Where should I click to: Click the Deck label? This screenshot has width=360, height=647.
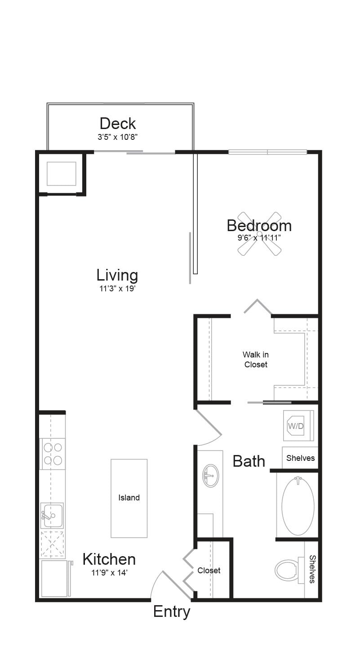click(118, 123)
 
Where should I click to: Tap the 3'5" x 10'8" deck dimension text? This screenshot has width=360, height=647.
click(120, 137)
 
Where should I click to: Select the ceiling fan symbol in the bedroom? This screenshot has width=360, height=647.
click(259, 234)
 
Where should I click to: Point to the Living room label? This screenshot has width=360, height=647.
click(117, 275)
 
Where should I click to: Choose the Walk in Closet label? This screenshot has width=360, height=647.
click(256, 360)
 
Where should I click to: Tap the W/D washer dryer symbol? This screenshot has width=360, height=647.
click(296, 426)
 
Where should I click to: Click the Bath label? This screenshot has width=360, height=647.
click(249, 461)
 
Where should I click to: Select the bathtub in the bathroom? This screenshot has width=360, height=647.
click(298, 506)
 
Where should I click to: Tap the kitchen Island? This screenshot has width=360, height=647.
click(129, 498)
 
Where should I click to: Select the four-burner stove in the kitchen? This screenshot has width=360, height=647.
click(53, 454)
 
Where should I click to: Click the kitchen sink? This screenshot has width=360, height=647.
click(52, 516)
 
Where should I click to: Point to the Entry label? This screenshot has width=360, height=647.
click(172, 612)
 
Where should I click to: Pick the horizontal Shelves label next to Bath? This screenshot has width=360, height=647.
click(300, 458)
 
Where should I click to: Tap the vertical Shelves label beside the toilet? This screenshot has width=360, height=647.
click(312, 569)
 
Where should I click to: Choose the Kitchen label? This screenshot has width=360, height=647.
click(109, 559)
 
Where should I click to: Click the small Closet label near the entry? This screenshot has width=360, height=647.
click(209, 570)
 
